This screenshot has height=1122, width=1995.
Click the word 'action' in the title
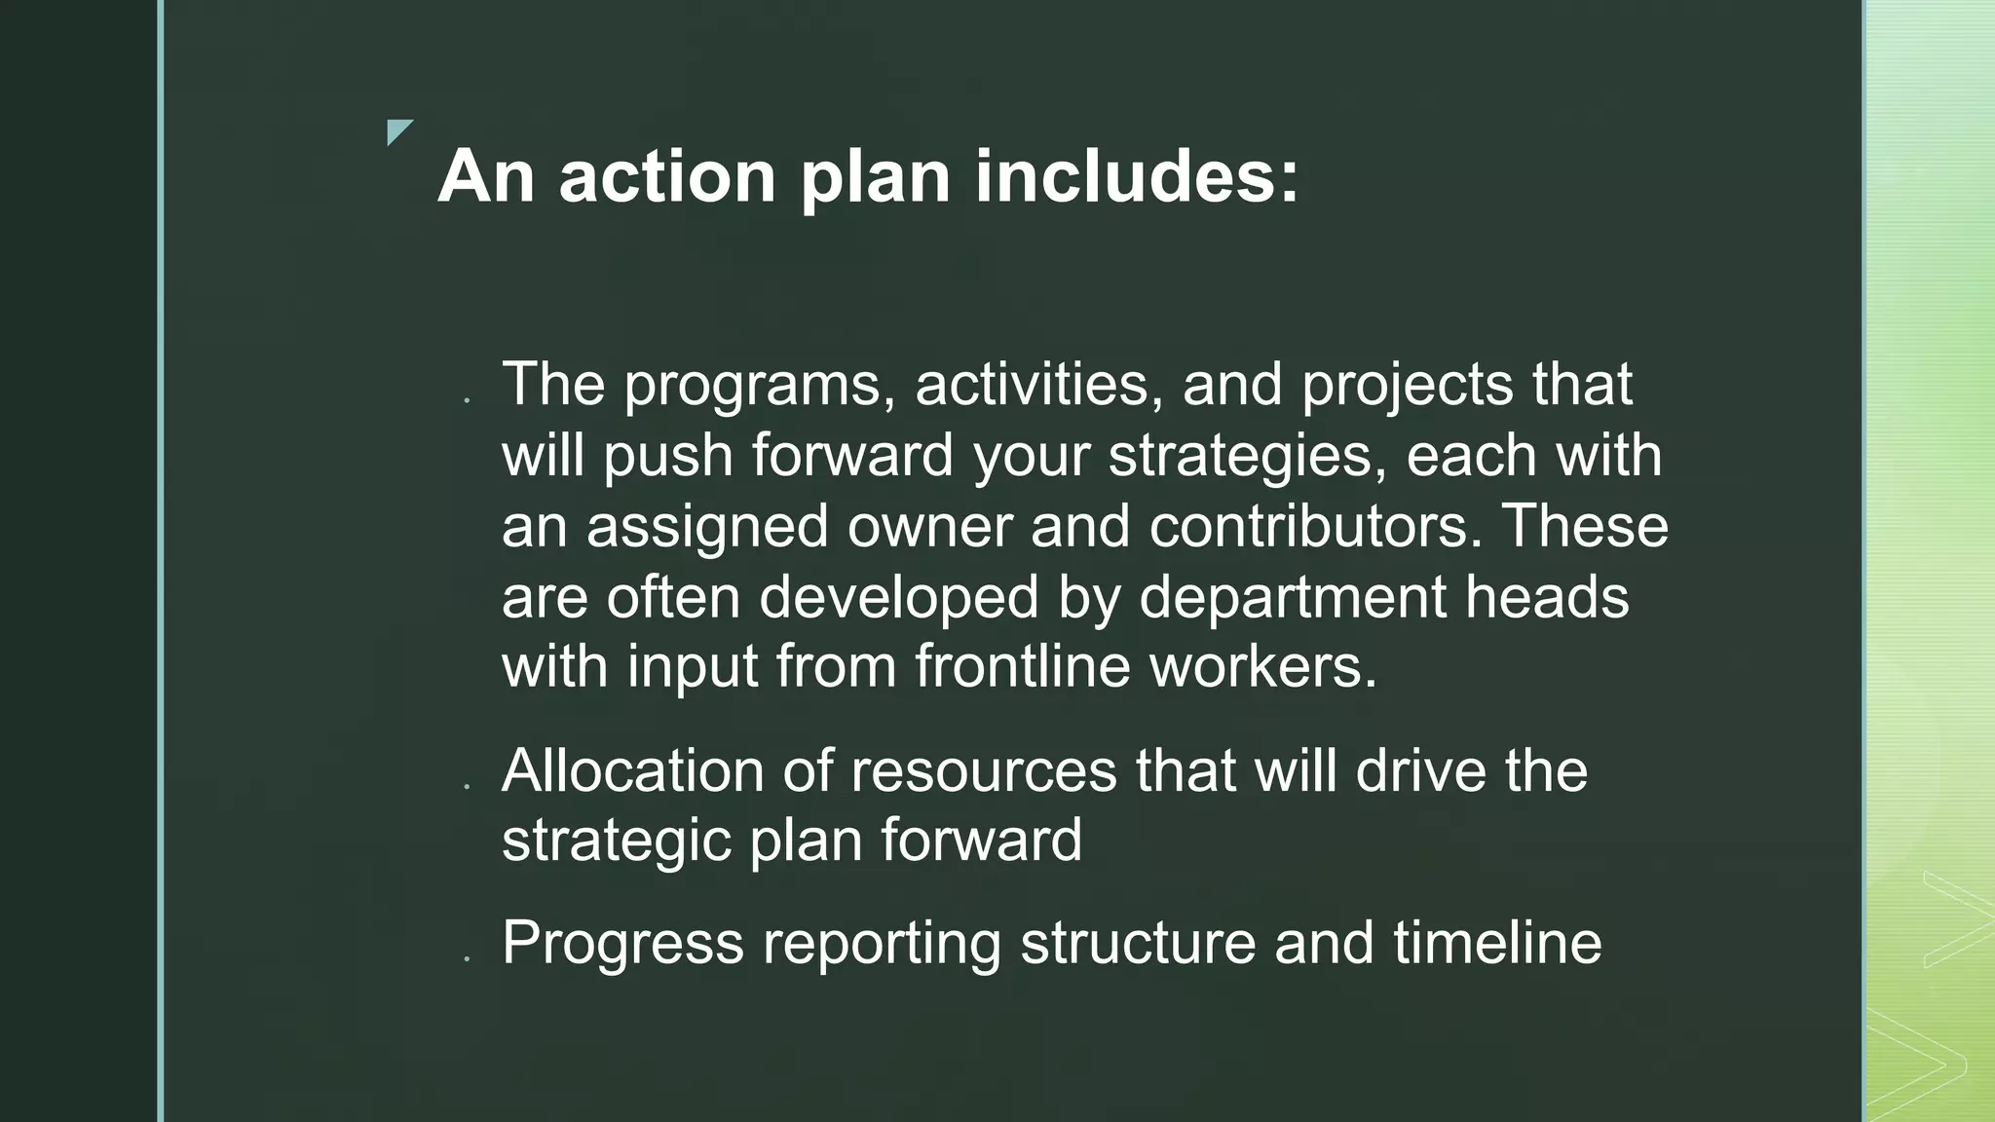[667, 177]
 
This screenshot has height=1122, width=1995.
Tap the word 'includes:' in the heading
[1137, 177]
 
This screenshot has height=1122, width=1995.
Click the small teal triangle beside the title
[397, 131]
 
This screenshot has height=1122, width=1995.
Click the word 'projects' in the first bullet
[1408, 386]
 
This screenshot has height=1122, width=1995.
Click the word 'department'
[1293, 598]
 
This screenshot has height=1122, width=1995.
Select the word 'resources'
[983, 771]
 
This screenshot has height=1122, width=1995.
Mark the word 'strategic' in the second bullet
[616, 841]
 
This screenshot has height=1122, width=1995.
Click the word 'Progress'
[622, 944]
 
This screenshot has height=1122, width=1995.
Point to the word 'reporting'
[882, 944]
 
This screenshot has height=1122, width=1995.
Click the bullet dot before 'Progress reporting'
[468, 959]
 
